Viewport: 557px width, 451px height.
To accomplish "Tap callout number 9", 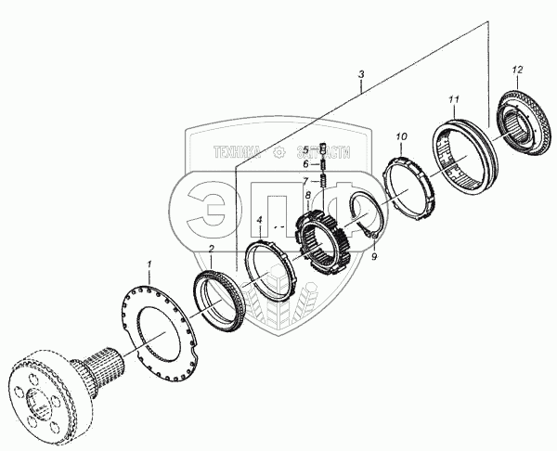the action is [374, 259].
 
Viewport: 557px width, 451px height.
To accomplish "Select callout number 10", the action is [401, 137].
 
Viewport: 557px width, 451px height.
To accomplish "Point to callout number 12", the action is [518, 70].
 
